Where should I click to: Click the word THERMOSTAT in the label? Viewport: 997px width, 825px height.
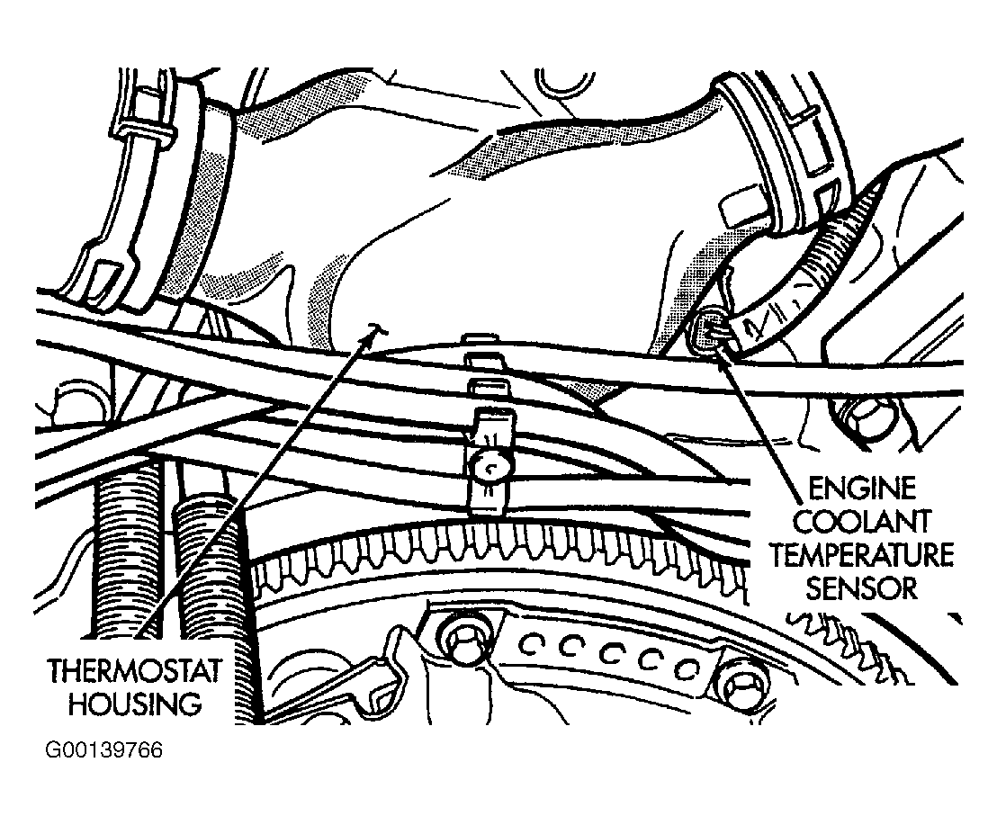click(x=135, y=671)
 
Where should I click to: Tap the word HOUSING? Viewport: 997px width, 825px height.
click(x=135, y=704)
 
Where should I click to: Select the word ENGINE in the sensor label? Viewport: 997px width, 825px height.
click(x=862, y=489)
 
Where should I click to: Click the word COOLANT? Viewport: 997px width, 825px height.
click(x=863, y=521)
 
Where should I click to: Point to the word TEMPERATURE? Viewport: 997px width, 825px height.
click(x=863, y=554)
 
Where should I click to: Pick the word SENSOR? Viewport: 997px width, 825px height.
click(x=862, y=587)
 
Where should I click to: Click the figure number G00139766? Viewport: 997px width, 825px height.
click(x=103, y=750)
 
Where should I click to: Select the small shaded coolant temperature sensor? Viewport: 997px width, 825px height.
click(x=706, y=330)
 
